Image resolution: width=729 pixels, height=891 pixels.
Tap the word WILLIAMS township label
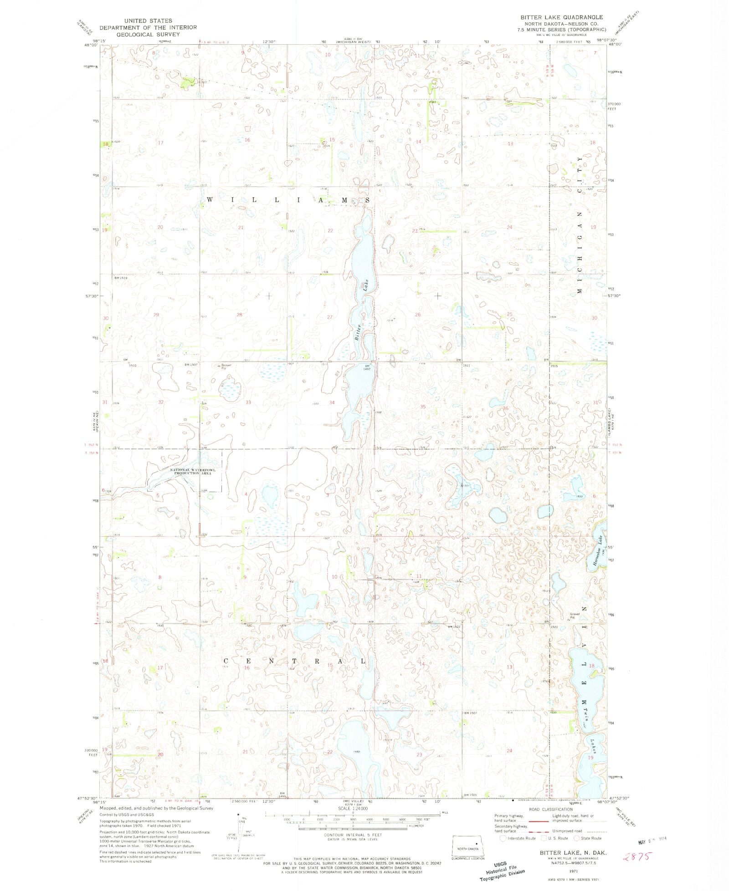click(x=288, y=200)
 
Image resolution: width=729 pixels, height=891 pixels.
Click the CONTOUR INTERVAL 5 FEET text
click(x=353, y=835)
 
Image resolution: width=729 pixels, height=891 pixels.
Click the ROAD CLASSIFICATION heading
click(x=550, y=809)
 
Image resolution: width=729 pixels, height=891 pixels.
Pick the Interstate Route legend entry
click(x=518, y=838)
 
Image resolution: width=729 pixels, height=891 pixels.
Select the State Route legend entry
click(x=588, y=838)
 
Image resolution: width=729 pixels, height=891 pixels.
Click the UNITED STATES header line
click(x=148, y=20)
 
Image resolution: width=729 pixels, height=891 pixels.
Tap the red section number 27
click(x=329, y=317)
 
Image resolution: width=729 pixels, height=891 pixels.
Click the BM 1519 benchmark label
click(x=121, y=278)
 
